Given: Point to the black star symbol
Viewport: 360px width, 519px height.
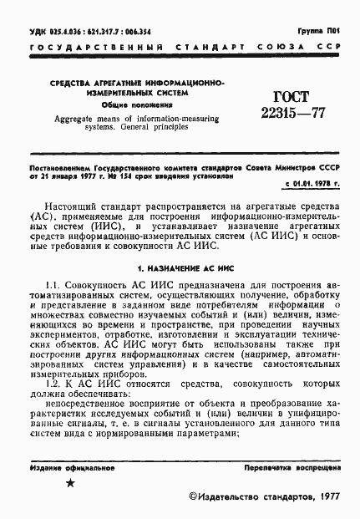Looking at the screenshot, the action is pyautogui.click(x=70, y=484).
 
